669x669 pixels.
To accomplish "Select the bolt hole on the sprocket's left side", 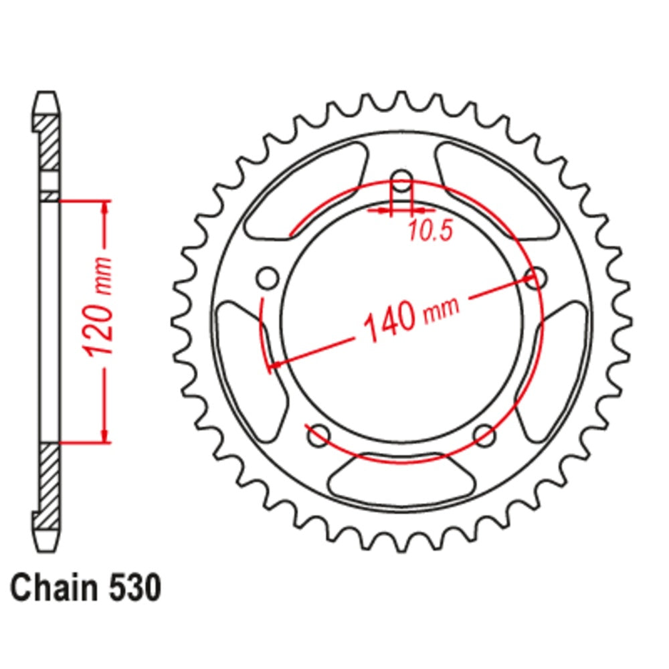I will [267, 277].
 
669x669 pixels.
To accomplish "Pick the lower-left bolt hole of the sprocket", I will [318, 436].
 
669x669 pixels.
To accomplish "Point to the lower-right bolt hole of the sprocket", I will [484, 436].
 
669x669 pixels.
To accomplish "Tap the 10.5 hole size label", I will [430, 231].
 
